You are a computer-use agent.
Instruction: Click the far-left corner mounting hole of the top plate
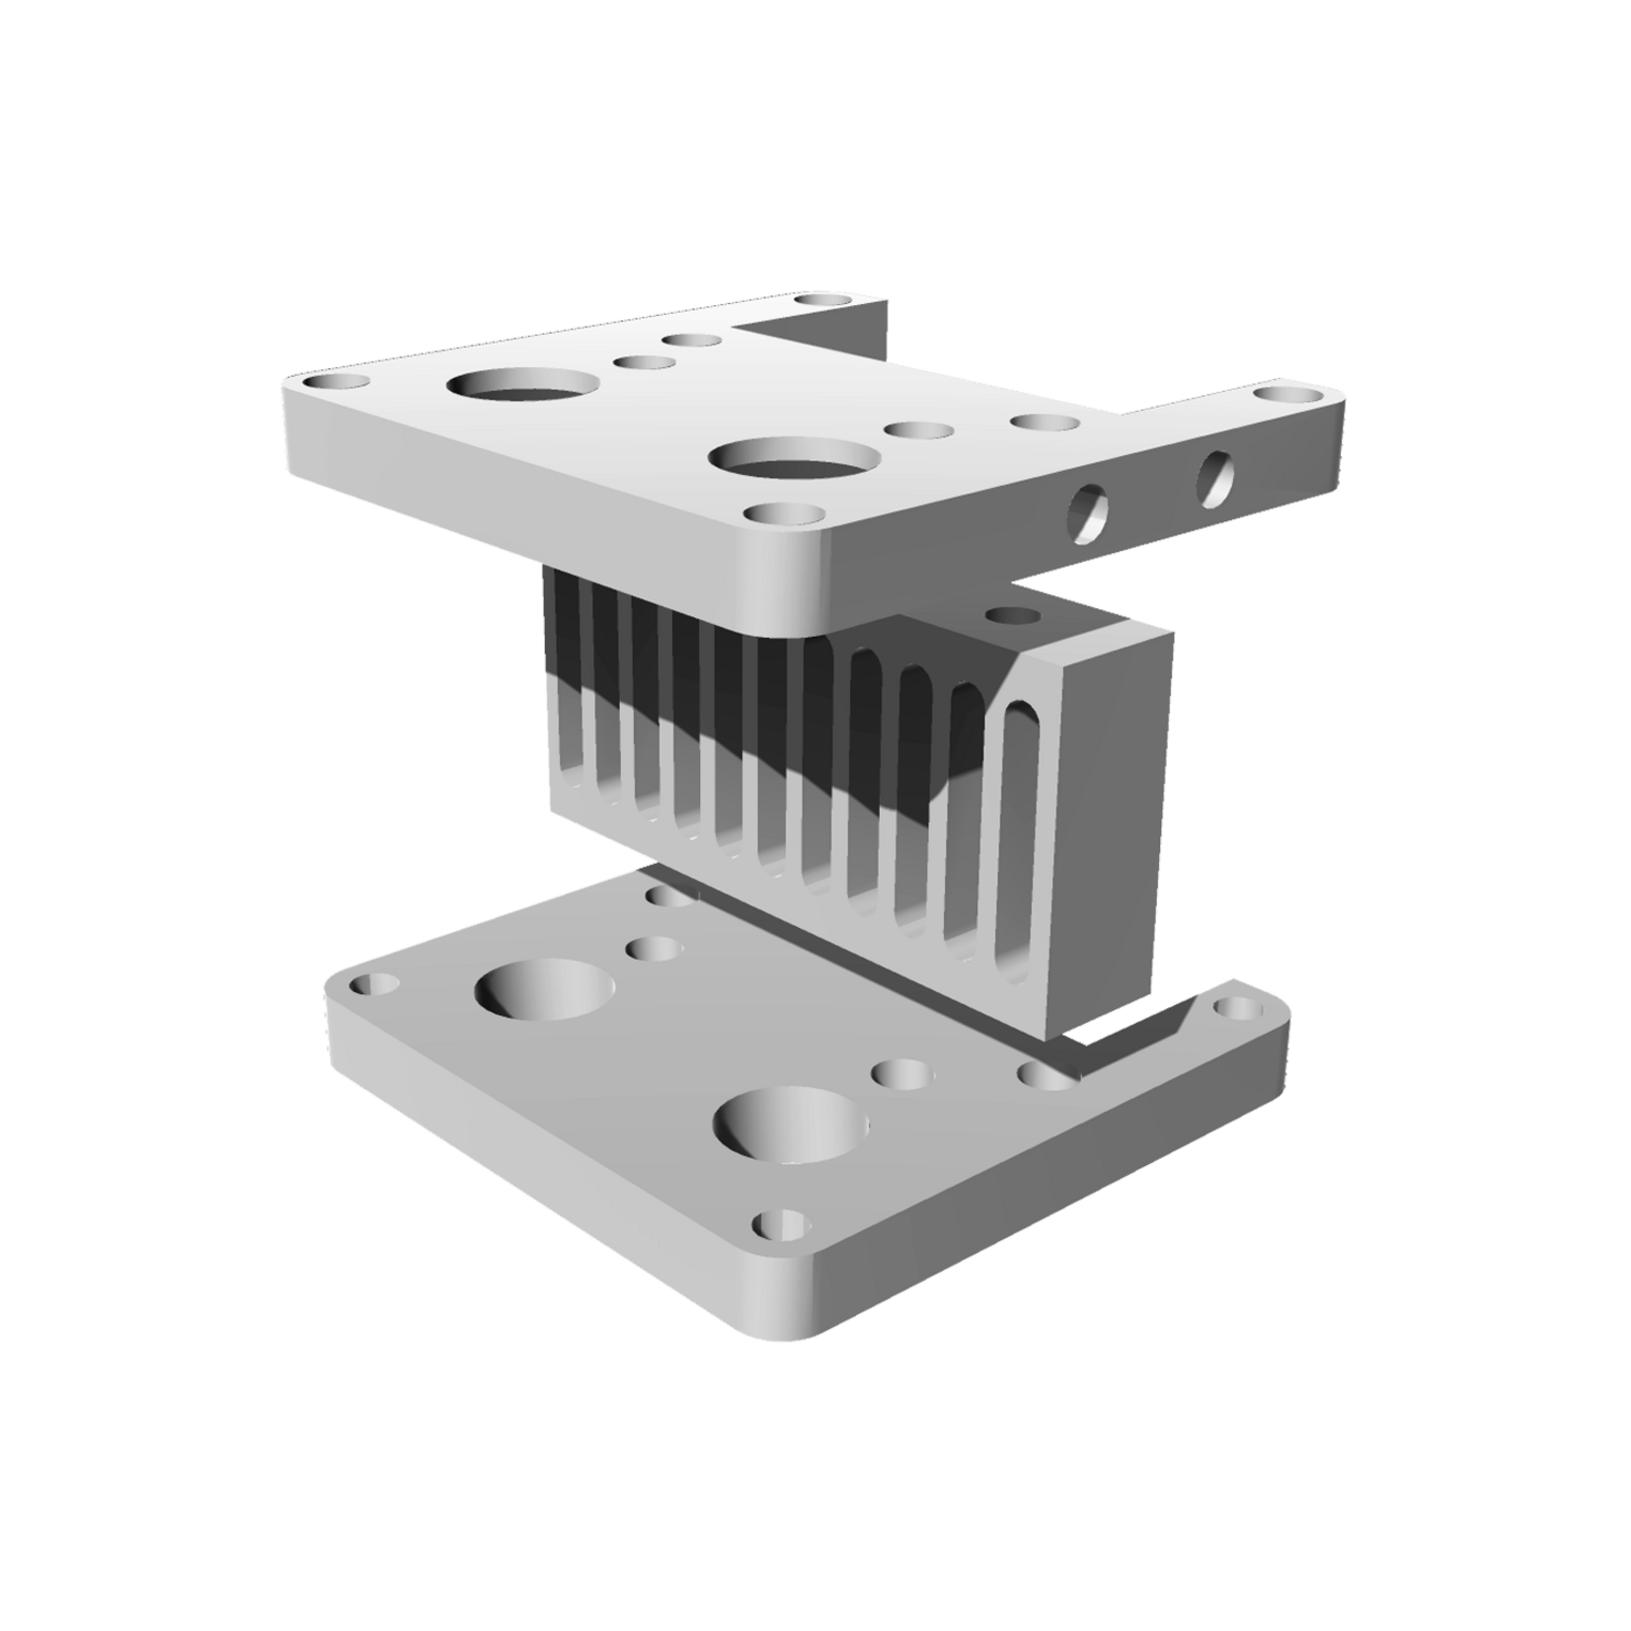336,381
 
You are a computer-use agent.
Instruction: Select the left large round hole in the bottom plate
545,990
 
